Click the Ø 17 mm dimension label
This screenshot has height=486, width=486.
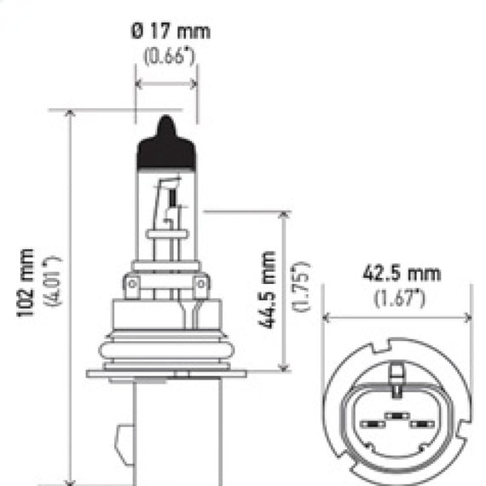pos(171,32)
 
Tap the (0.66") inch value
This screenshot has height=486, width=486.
pos(169,55)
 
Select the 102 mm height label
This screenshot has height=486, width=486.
pos(25,282)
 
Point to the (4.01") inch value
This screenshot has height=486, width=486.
pos(52,281)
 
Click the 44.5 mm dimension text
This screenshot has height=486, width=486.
pos(267,290)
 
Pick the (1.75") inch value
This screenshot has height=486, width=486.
pos(301,286)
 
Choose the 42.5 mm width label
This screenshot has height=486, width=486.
pos(402,274)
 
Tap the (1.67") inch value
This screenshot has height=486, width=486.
pos(400,298)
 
